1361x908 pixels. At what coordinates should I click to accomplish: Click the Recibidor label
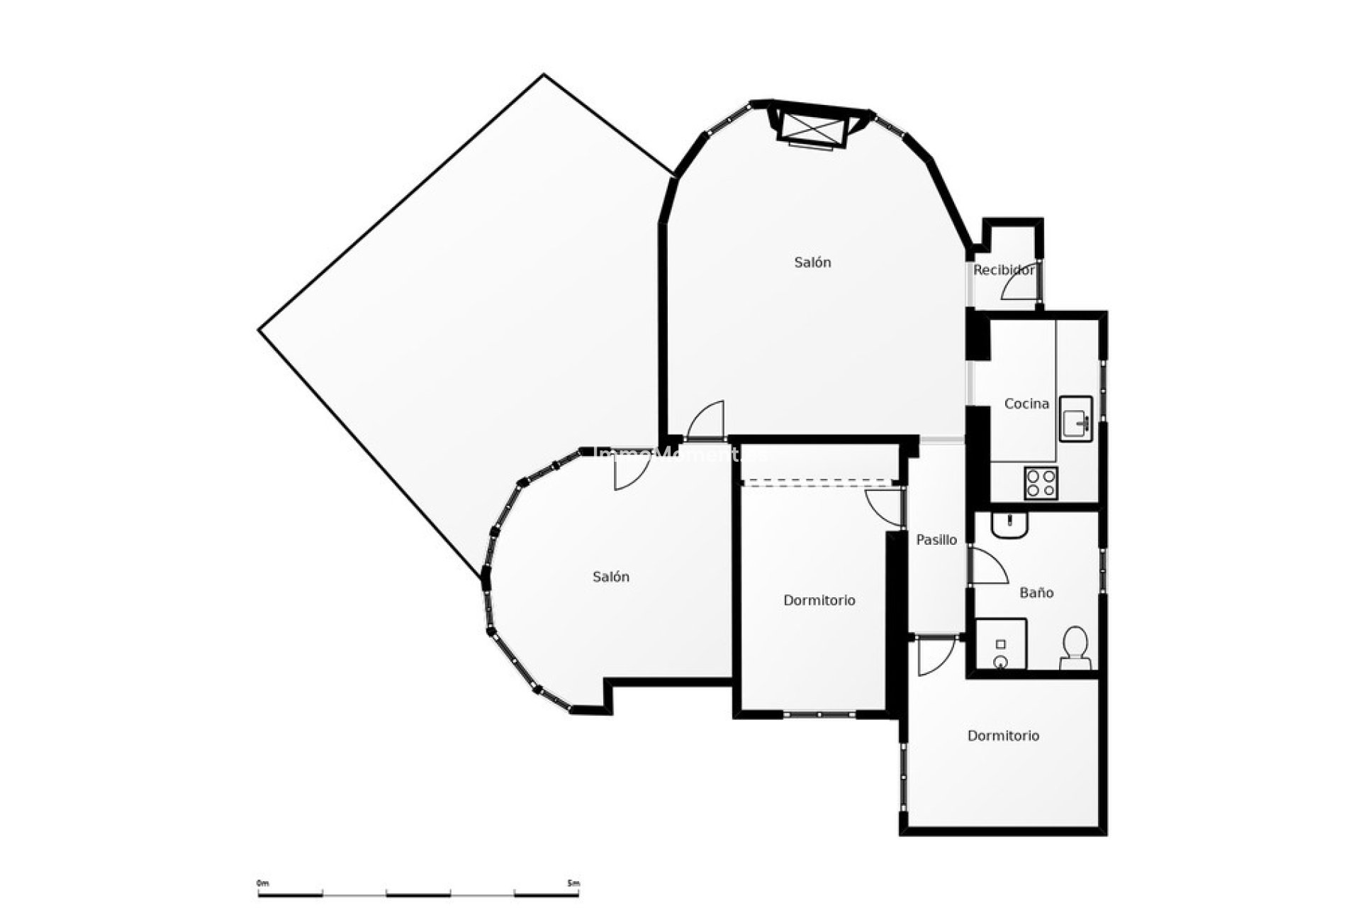point(1003,270)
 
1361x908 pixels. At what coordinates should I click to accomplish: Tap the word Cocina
point(1026,404)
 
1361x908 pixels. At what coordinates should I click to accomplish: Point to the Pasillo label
point(936,540)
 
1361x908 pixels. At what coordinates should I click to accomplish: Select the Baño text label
point(1036,592)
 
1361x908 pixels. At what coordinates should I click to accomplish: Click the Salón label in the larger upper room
point(812,262)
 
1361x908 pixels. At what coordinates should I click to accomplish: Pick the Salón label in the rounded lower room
point(611,577)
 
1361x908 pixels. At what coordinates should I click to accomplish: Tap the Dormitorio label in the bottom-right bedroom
point(1003,736)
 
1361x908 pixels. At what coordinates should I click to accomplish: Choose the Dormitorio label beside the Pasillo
point(819,600)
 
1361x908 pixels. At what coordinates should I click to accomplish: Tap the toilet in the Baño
point(1075,647)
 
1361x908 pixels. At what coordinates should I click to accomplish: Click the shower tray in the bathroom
point(1001,644)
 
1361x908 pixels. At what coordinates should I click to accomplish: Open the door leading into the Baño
point(988,566)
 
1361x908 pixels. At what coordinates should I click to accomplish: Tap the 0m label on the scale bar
point(263,883)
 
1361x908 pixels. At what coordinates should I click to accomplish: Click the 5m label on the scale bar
point(573,883)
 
